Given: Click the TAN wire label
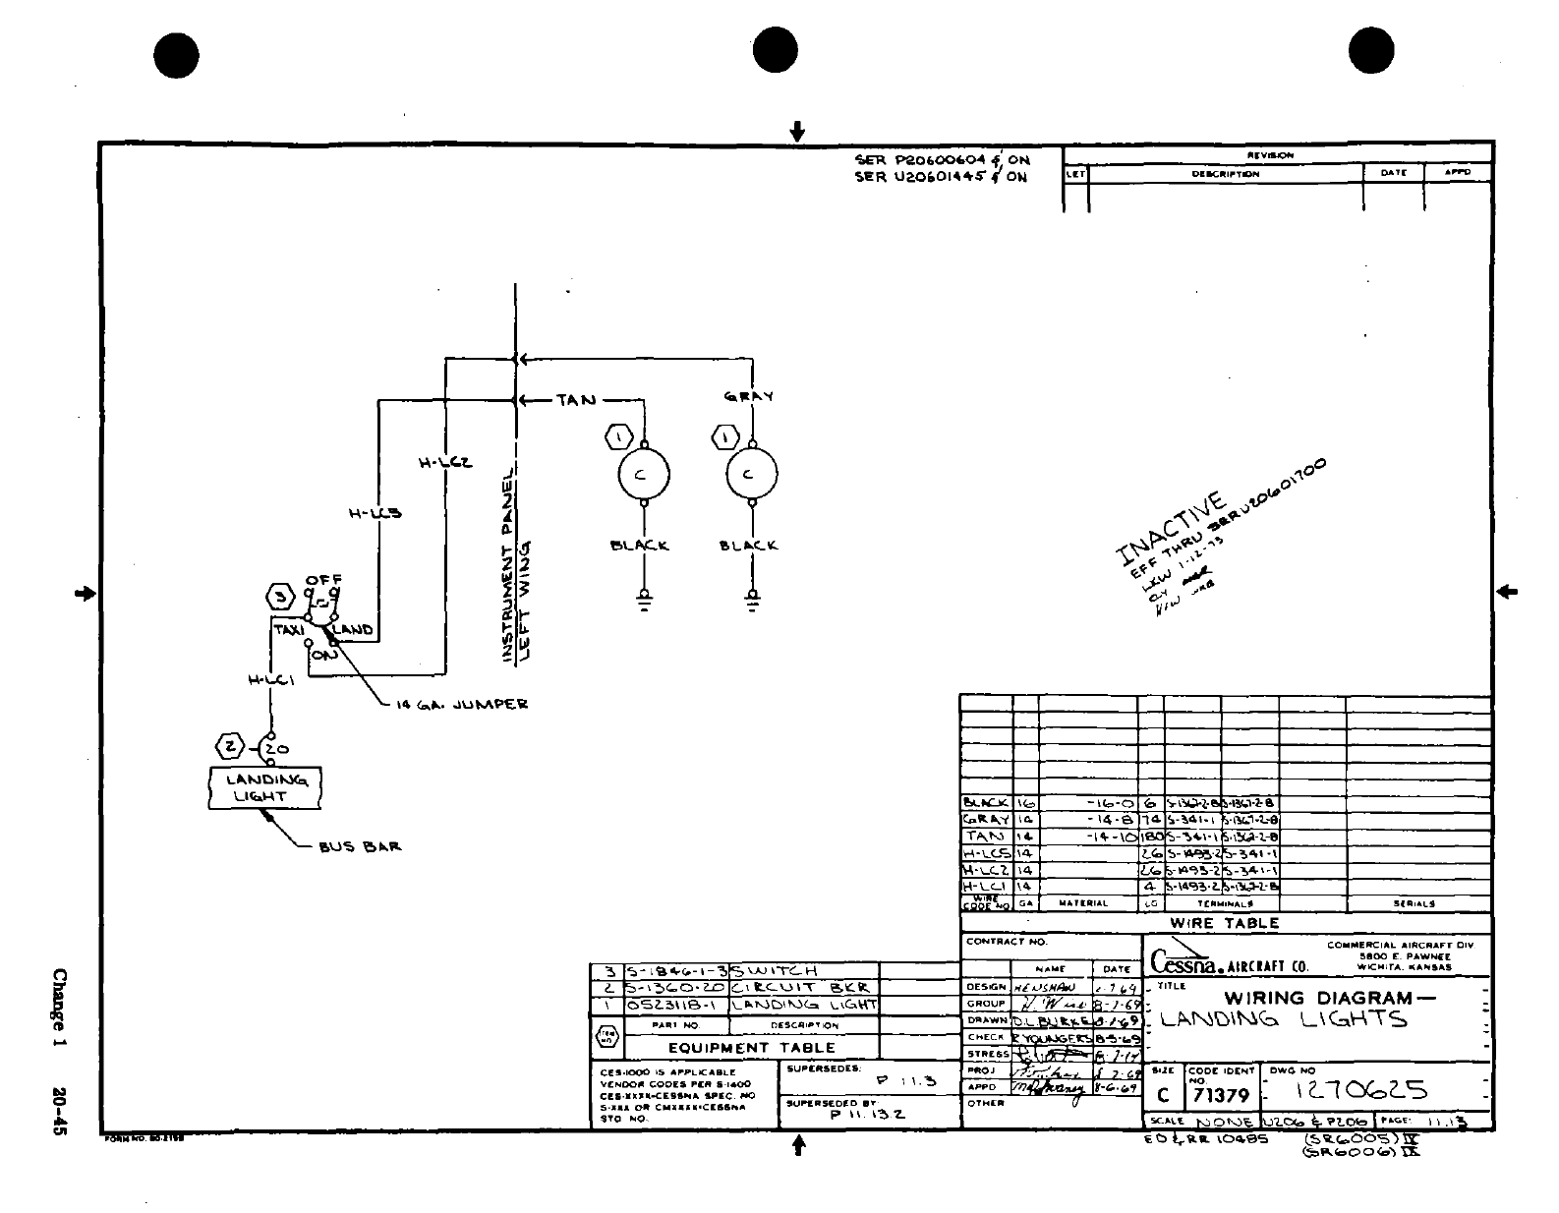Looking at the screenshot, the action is pyautogui.click(x=576, y=400).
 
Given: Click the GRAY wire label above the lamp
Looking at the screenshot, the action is pyautogui.click(x=749, y=397).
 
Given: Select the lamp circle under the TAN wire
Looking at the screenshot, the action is pyautogui.click(x=643, y=475).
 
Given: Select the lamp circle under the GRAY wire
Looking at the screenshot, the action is pyautogui.click(x=751, y=475).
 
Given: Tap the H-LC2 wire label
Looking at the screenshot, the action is pyautogui.click(x=445, y=462).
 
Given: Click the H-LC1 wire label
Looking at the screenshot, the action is pyautogui.click(x=270, y=679).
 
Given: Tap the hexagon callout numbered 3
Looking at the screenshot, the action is pyautogui.click(x=281, y=597).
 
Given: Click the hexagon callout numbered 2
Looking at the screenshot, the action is pyautogui.click(x=230, y=747).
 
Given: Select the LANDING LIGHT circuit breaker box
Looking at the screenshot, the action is pyautogui.click(x=265, y=788).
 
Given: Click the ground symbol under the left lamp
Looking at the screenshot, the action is pyautogui.click(x=644, y=599).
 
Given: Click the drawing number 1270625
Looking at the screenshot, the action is pyautogui.click(x=1362, y=1090).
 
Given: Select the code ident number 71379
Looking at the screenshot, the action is pyautogui.click(x=1219, y=1095).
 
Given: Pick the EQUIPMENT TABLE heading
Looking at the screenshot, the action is pyautogui.click(x=751, y=1048).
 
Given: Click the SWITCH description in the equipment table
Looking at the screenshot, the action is pyautogui.click(x=774, y=970).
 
